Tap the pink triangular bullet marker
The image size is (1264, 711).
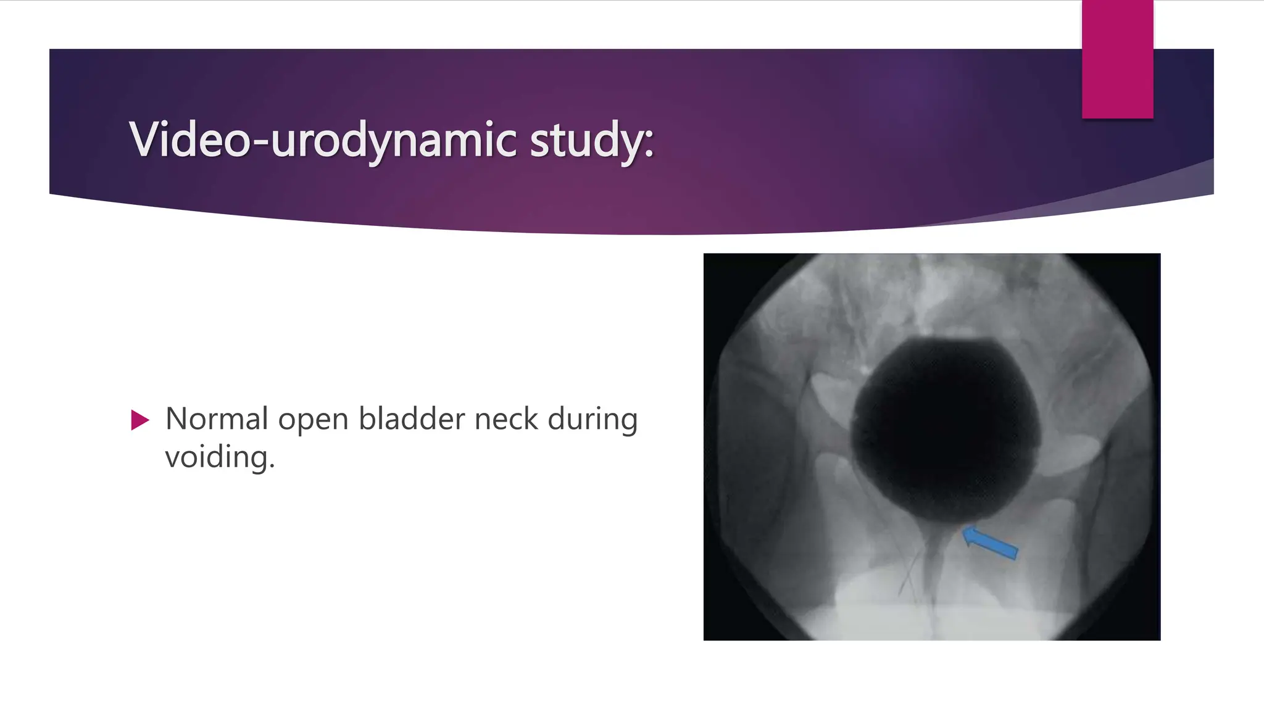click(x=140, y=420)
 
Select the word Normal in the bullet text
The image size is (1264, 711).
click(x=217, y=419)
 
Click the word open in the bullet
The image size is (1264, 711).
click(x=313, y=420)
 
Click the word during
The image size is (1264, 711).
click(x=592, y=420)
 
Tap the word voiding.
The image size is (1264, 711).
click(x=219, y=457)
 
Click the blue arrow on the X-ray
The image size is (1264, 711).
click(x=991, y=543)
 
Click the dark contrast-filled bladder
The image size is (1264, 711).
click(x=944, y=432)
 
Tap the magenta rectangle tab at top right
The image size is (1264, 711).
click(x=1117, y=59)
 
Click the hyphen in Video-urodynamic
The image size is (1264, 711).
click(x=260, y=143)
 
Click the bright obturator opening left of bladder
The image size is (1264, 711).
click(x=830, y=395)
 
